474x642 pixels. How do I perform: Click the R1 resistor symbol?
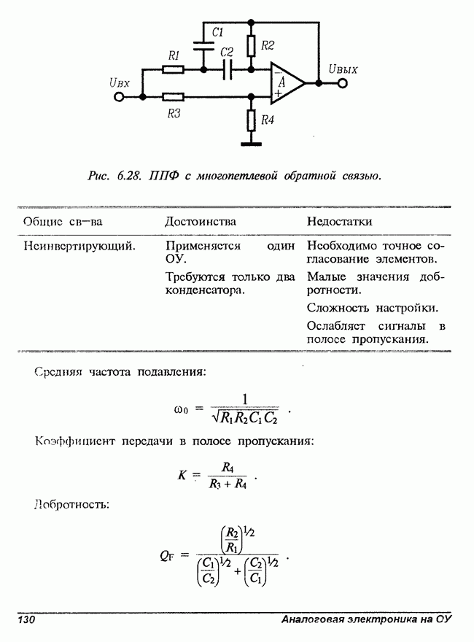coord(173,70)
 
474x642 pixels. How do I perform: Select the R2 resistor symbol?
coord(251,47)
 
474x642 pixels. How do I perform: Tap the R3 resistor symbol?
coord(173,96)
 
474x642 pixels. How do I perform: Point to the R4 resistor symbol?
coord(251,120)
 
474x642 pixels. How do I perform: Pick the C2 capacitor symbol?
coord(227,70)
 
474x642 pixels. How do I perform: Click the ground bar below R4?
coord(251,144)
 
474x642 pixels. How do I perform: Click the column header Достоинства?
coord(200,221)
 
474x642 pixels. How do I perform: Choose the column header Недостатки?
coord(340,221)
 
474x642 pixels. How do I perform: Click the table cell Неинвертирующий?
coord(79,246)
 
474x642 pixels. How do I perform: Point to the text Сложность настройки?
coord(372,307)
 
